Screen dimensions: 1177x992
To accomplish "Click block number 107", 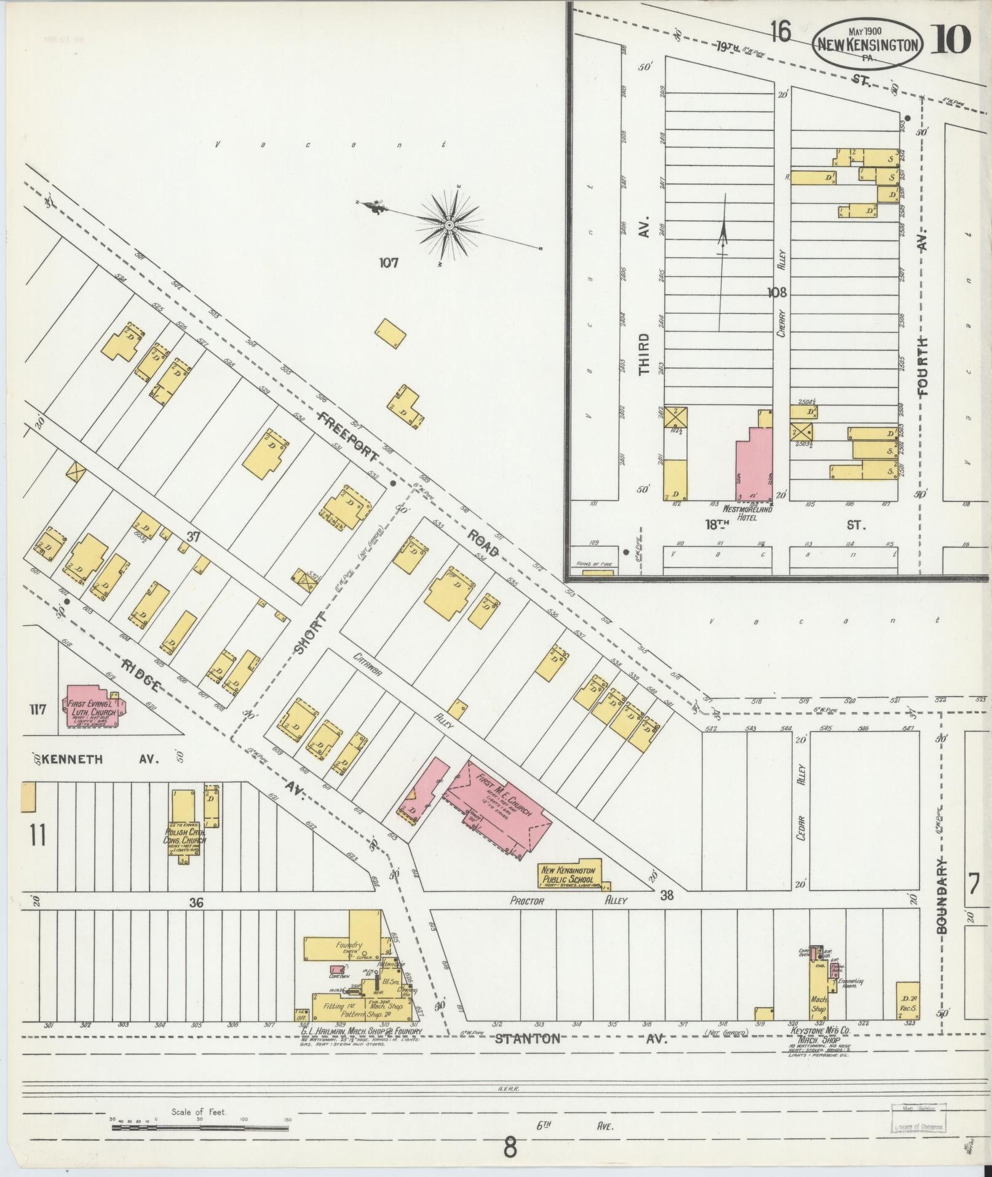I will click(x=389, y=263).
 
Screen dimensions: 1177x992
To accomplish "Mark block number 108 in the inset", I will click(x=777, y=292).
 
